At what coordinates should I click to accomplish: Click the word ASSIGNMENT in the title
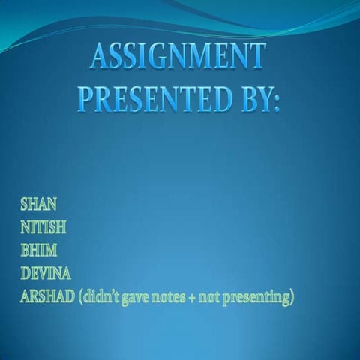178,57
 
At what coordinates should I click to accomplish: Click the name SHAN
38,203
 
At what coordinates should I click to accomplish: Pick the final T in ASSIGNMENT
257,57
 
